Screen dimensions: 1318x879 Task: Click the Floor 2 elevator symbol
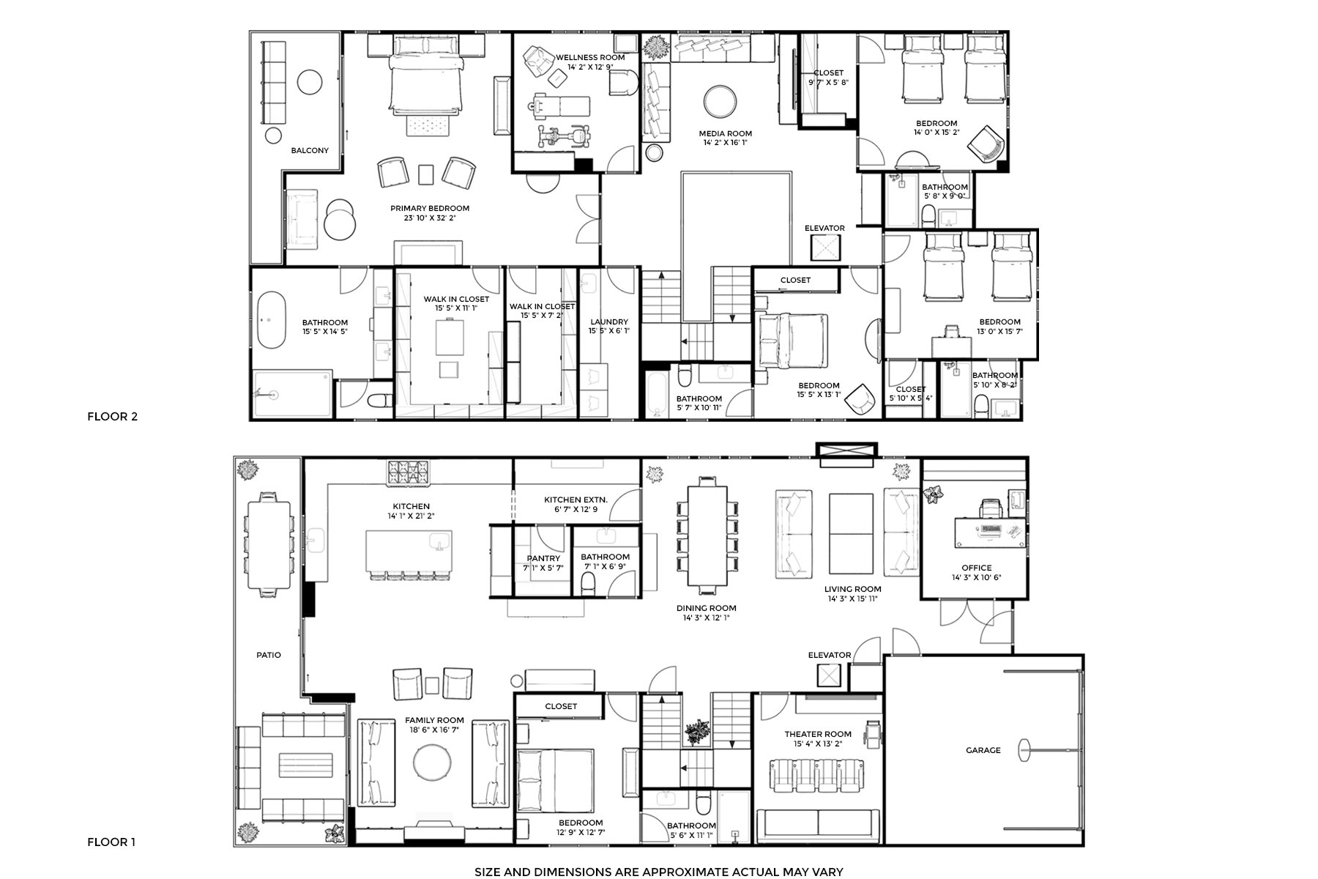click(825, 249)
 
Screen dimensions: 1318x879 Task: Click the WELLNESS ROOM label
click(590, 58)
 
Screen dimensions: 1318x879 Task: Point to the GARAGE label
click(983, 750)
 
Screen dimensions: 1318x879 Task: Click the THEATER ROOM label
click(818, 734)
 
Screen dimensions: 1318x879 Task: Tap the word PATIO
click(269, 655)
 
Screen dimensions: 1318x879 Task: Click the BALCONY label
click(310, 151)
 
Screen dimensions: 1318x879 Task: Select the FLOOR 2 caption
click(113, 417)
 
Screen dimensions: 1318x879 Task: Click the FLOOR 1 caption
click(111, 842)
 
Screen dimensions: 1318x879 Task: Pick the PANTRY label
click(543, 559)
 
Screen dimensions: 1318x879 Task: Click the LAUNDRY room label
click(609, 322)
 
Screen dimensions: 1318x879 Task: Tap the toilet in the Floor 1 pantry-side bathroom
click(588, 584)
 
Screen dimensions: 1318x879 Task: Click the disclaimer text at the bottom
click(659, 872)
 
